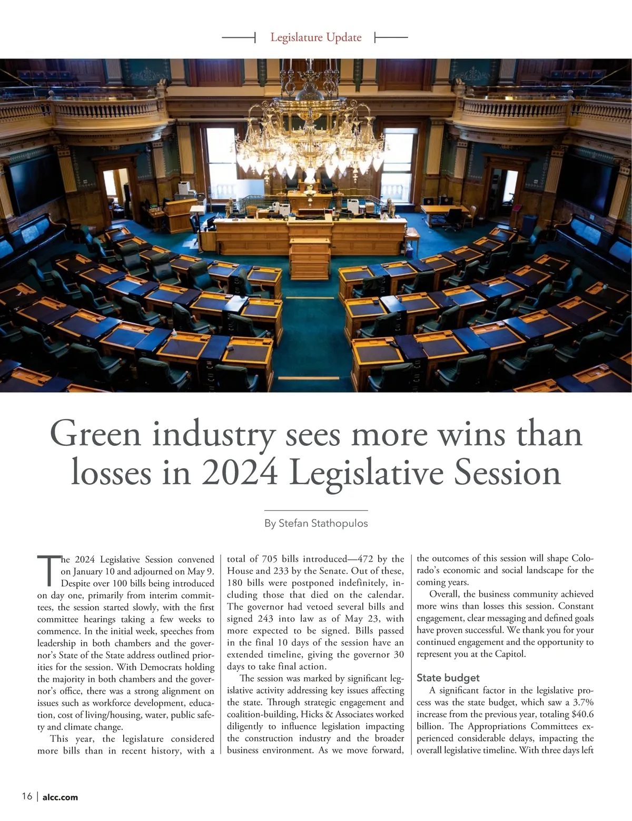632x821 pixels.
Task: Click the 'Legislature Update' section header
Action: tap(315, 37)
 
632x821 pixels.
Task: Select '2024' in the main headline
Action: tap(240, 473)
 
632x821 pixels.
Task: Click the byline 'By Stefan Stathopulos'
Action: tap(315, 523)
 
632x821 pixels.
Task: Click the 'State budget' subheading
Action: tap(448, 678)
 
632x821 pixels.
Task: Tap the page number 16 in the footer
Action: tap(27, 796)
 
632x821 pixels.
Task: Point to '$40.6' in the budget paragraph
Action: tap(582, 714)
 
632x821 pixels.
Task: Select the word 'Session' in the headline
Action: tap(507, 473)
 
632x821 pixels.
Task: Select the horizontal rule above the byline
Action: tap(315, 510)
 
